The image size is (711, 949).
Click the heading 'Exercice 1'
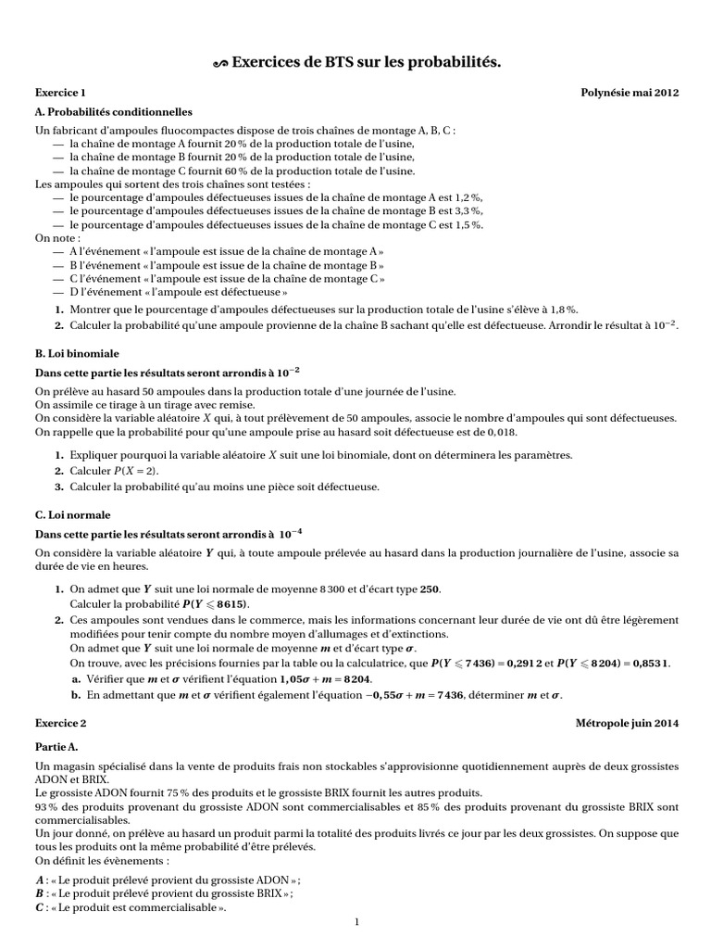click(x=60, y=94)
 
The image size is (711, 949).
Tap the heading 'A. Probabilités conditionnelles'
click(x=113, y=112)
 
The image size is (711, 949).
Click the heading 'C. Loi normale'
click(x=72, y=514)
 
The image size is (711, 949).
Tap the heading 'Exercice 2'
click(x=60, y=723)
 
